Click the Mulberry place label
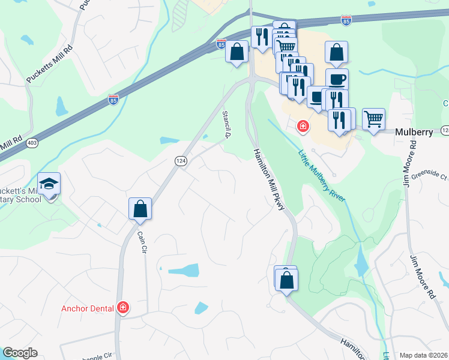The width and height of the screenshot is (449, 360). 413,133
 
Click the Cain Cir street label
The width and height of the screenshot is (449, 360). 142,244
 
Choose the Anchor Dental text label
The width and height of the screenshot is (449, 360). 88,308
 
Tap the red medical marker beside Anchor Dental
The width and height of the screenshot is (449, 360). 123,308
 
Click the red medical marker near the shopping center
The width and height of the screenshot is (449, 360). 304,127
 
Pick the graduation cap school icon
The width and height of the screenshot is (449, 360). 49,182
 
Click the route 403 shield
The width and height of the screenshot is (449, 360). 31,143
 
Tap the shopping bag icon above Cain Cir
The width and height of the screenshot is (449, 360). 140,208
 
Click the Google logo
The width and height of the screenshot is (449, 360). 20,353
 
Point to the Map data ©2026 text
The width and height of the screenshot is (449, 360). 423,355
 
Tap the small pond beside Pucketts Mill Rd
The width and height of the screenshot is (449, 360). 61,106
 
